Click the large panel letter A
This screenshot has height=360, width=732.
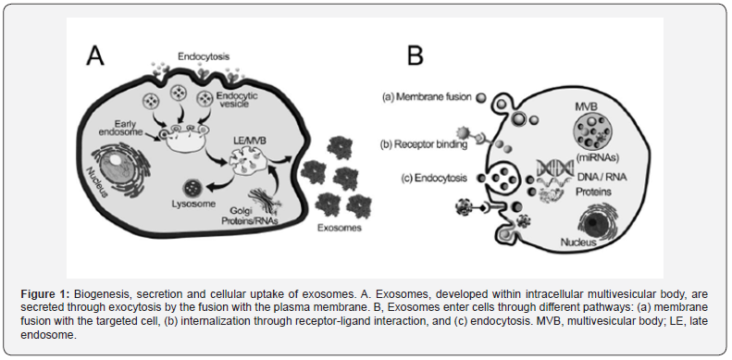pyautogui.click(x=94, y=56)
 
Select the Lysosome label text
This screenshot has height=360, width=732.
pyautogui.click(x=194, y=204)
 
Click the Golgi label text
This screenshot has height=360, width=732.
pyautogui.click(x=239, y=212)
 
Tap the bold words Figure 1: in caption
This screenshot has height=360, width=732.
pyautogui.click(x=40, y=294)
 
